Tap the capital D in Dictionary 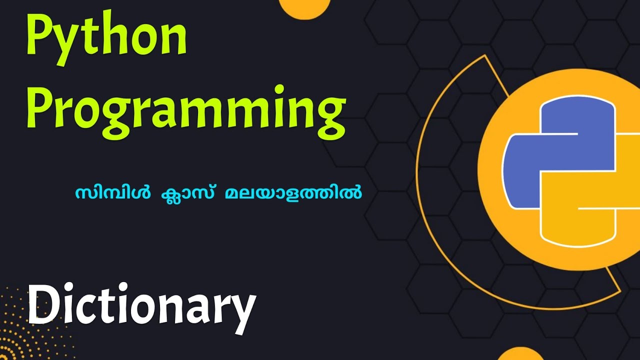click(44, 304)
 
